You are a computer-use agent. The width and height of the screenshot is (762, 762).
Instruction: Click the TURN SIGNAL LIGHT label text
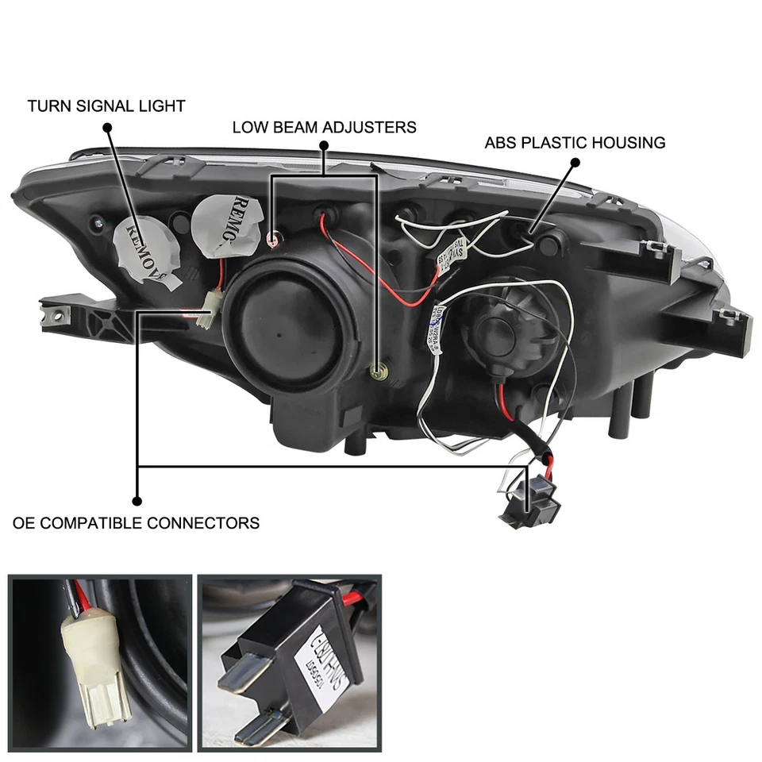point(106,106)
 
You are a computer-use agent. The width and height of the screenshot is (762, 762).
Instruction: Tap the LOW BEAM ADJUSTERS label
point(324,126)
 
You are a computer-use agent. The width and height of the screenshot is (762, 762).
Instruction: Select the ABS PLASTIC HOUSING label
point(575,143)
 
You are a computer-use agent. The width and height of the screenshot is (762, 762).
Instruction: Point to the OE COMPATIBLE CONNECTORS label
point(136,523)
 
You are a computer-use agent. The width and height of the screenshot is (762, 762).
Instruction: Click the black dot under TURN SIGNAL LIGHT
point(106,127)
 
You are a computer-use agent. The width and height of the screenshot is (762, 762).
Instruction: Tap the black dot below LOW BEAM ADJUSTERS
point(324,146)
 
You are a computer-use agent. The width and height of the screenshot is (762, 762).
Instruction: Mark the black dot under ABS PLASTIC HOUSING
point(575,163)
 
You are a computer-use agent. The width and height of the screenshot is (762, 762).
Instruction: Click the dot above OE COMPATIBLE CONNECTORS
point(137,501)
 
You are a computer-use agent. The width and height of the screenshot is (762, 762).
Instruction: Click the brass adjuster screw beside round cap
point(379,368)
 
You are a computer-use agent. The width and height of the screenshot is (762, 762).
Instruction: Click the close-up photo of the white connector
point(99,662)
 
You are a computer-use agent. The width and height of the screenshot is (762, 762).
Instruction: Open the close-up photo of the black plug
point(289,662)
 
